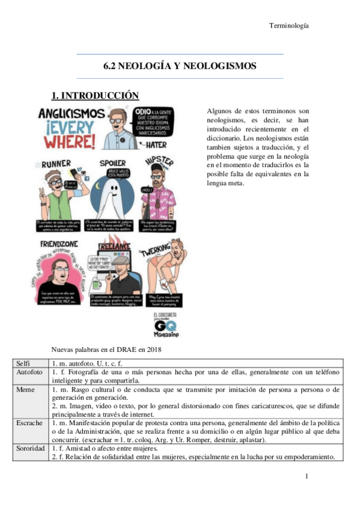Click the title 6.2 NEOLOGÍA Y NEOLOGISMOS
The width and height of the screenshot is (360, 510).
click(x=180, y=66)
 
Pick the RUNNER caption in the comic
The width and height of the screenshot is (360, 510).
click(x=55, y=163)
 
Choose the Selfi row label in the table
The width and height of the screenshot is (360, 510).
click(x=24, y=363)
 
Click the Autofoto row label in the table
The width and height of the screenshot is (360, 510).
click(x=29, y=372)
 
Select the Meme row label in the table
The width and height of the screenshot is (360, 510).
click(x=25, y=389)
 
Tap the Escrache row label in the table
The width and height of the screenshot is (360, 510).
click(x=29, y=423)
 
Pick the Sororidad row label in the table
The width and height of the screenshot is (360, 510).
click(x=31, y=448)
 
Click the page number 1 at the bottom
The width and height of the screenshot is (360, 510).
click(x=307, y=476)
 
